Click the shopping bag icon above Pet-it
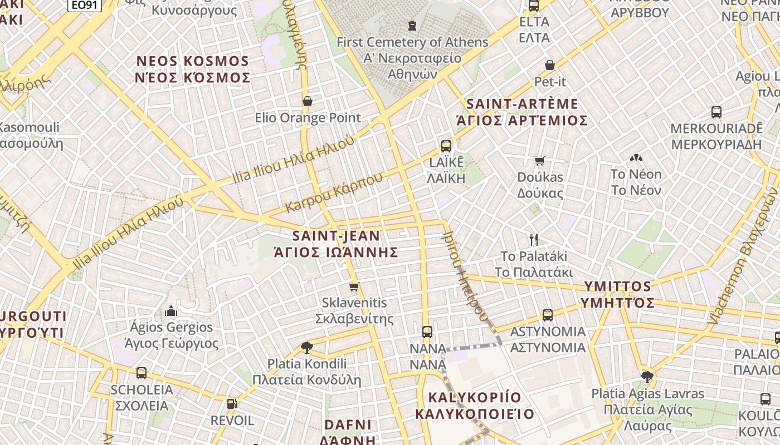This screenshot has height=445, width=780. pyautogui.click(x=550, y=65)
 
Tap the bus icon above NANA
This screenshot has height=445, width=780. pyautogui.click(x=427, y=332)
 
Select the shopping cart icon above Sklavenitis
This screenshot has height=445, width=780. pyautogui.click(x=354, y=287)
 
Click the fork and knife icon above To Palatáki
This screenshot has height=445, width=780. pyautogui.click(x=534, y=240)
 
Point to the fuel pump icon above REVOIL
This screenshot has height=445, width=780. pyautogui.click(x=232, y=404)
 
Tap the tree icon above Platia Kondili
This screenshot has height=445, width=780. pyautogui.click(x=306, y=348)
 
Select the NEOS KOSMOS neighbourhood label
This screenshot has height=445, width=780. pyautogui.click(x=192, y=69)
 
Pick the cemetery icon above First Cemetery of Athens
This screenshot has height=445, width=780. pyautogui.click(x=412, y=26)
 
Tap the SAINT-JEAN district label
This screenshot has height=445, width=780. pyautogui.click(x=337, y=244)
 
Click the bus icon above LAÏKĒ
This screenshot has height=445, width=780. pyautogui.click(x=446, y=146)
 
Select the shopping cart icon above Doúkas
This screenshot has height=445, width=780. pyautogui.click(x=539, y=161)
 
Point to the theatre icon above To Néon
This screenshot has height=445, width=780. pyautogui.click(x=635, y=159)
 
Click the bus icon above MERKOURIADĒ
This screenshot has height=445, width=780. pyautogui.click(x=716, y=112)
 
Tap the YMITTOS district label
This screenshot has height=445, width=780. pyautogui.click(x=617, y=294)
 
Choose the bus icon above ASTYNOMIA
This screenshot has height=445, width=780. pyautogui.click(x=548, y=315)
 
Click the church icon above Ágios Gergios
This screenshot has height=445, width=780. pyautogui.click(x=171, y=310)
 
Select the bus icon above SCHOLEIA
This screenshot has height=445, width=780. pyautogui.click(x=142, y=373)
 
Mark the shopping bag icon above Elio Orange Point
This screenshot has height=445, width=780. pyautogui.click(x=308, y=101)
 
